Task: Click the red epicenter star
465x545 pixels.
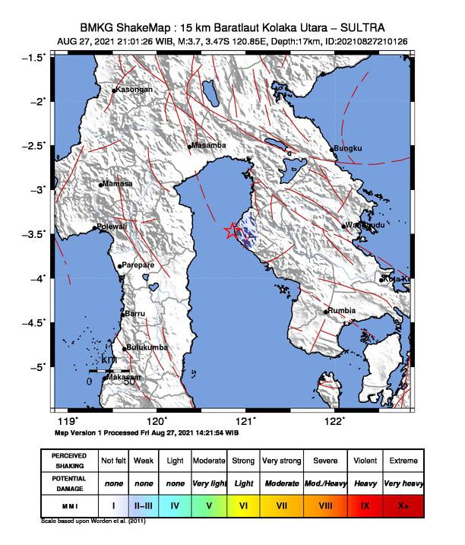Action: [232, 232]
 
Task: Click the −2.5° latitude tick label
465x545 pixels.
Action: [33, 145]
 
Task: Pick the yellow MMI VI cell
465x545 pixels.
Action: [242, 504]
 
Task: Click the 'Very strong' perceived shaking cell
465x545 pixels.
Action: [280, 461]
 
